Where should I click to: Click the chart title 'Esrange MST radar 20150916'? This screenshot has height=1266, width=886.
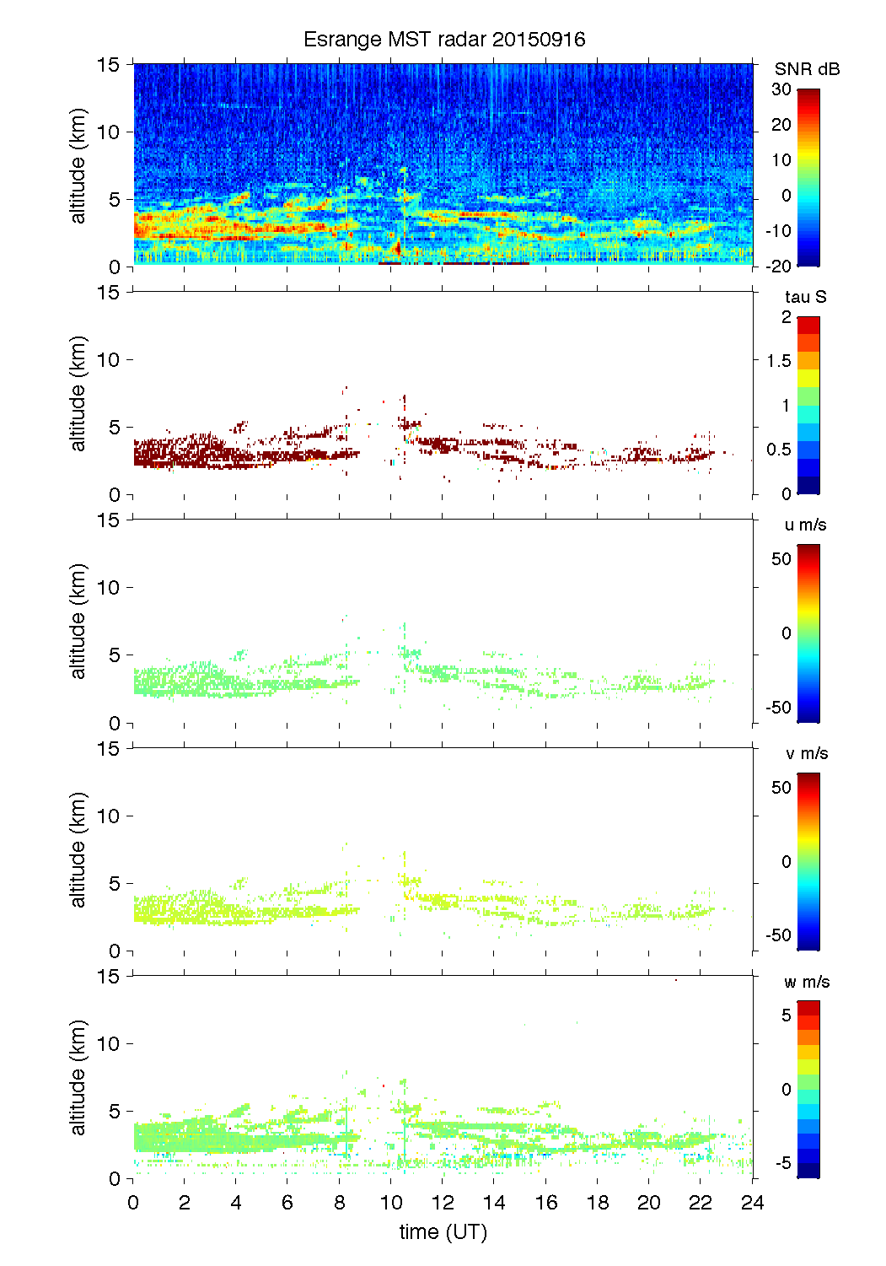coord(444,40)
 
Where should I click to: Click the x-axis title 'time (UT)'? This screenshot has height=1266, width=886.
coord(443,1231)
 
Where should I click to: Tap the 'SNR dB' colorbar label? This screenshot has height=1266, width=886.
coord(807,69)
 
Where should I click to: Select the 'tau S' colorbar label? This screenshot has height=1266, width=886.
coord(805,297)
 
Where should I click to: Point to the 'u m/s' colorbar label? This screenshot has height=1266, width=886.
coord(805,525)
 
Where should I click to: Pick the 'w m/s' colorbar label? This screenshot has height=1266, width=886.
coord(806,982)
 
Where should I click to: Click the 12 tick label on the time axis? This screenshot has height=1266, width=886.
coord(443,1203)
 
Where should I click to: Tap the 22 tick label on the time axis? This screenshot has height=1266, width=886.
coord(701,1203)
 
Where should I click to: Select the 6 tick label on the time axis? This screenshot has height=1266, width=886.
coord(287,1203)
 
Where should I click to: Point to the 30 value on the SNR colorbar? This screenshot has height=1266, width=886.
coord(781,89)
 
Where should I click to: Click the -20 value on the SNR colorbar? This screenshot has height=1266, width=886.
coord(779,267)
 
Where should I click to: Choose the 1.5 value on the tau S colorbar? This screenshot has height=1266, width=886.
coord(779,361)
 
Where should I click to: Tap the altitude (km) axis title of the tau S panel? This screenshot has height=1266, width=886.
coord(78,393)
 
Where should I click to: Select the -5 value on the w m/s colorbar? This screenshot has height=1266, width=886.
coord(783,1163)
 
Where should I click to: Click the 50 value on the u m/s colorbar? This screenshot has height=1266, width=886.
coord(781,559)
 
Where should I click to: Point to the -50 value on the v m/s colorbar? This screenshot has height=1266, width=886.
coord(779,935)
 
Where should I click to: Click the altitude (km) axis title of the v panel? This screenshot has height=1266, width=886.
coord(78,849)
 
